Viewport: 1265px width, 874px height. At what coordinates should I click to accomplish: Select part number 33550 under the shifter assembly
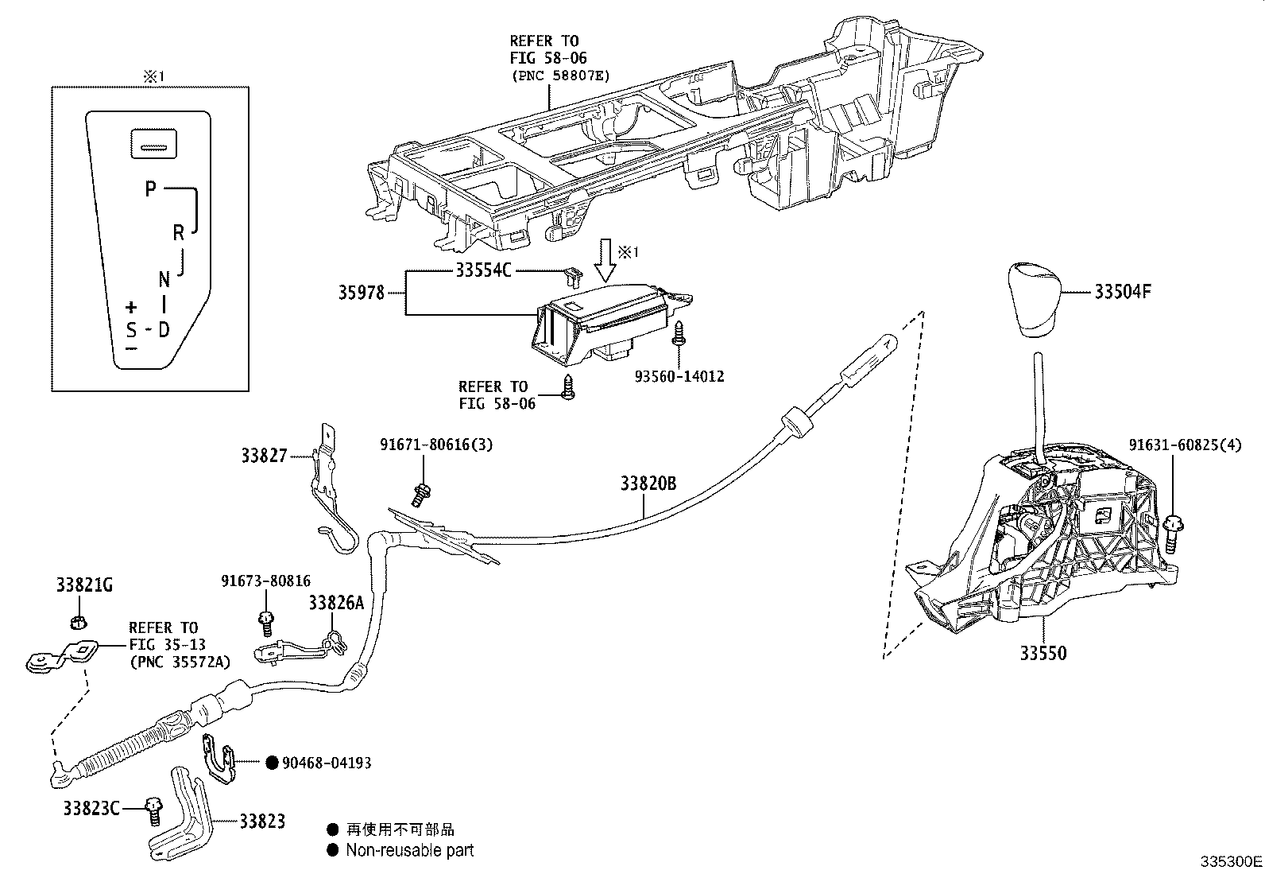click(1043, 654)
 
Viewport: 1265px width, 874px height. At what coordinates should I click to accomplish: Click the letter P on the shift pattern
click(150, 189)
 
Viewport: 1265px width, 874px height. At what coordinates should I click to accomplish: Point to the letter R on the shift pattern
click(179, 232)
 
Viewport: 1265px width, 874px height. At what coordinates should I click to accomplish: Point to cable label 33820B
click(648, 483)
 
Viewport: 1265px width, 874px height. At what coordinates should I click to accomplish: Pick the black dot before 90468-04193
click(271, 763)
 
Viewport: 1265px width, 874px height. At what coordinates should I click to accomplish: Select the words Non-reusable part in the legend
click(409, 850)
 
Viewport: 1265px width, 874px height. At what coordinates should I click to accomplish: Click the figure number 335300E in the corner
click(1231, 862)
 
